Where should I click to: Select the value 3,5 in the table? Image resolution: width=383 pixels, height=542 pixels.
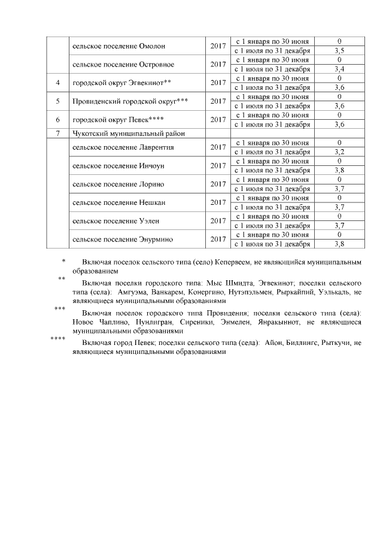(339, 51)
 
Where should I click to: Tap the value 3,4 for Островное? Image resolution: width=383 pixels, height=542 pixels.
(339, 69)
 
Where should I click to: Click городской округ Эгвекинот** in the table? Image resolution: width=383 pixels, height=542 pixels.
(121, 83)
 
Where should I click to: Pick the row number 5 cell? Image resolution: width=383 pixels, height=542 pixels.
(58, 101)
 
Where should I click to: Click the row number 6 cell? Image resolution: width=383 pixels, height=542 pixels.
(58, 120)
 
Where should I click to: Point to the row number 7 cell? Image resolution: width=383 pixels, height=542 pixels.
(58, 134)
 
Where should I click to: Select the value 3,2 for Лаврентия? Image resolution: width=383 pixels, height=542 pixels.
(339, 152)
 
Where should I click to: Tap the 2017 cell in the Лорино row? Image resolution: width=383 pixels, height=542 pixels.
(218, 184)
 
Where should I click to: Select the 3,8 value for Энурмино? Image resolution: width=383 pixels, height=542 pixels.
(339, 244)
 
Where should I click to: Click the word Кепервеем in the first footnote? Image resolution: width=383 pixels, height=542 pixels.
(233, 263)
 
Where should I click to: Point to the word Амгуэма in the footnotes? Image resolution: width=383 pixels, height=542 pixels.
(124, 292)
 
